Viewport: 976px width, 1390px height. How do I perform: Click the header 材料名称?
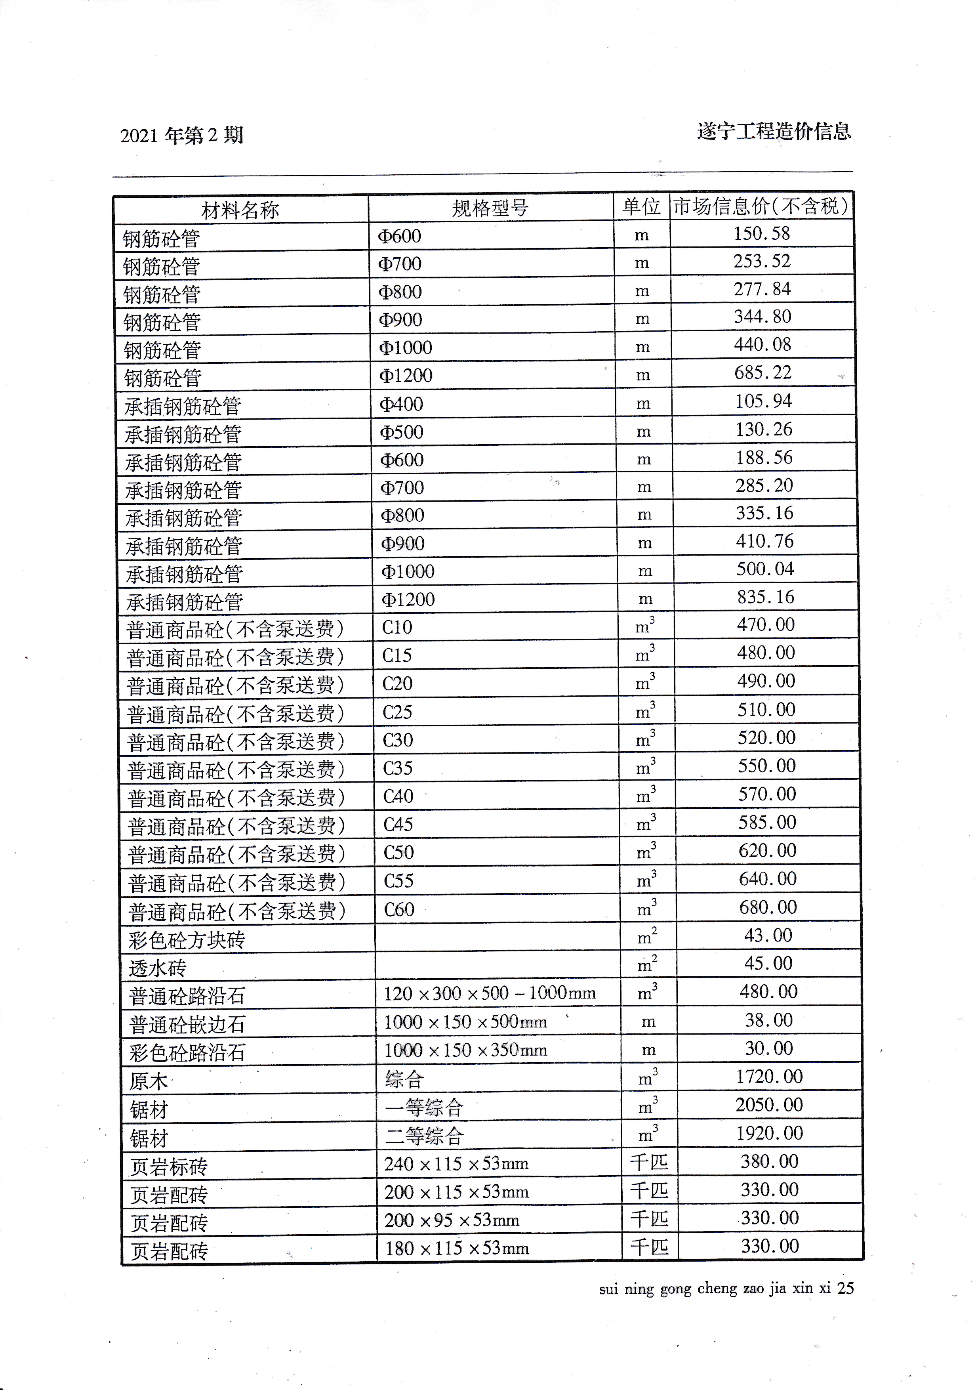[x=240, y=210]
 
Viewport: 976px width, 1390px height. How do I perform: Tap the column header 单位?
[x=641, y=207]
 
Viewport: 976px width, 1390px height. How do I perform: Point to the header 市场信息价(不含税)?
[x=761, y=206]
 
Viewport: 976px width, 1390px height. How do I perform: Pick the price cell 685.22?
[x=763, y=372]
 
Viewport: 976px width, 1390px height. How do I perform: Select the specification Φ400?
[x=401, y=404]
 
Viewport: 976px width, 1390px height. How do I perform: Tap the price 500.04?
[x=765, y=569]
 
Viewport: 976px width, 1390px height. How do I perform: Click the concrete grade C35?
[x=398, y=768]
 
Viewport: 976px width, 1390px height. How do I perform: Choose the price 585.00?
[x=766, y=822]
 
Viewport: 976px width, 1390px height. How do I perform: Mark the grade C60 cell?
[x=399, y=909]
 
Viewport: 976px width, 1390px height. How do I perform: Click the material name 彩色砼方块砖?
[x=186, y=940]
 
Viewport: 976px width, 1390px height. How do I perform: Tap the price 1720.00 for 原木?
[x=768, y=1077]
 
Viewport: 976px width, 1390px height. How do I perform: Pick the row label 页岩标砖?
[x=169, y=1167]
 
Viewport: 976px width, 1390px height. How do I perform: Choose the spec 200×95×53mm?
[x=452, y=1220]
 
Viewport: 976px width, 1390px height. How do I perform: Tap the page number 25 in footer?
[x=845, y=1288]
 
